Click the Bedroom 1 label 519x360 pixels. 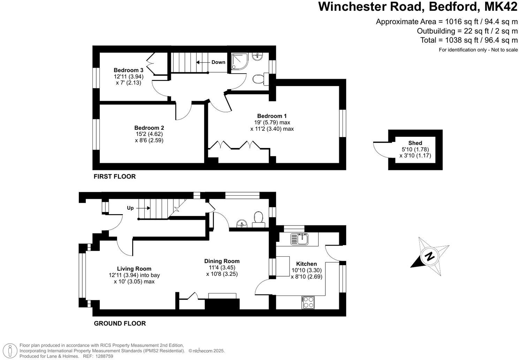click(x=272, y=116)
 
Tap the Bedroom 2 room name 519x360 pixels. click(x=149, y=128)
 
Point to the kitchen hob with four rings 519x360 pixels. click(x=308, y=302)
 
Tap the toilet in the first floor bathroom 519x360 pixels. click(x=259, y=80)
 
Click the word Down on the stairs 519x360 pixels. click(x=218, y=62)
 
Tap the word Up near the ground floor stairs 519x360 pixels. click(x=130, y=208)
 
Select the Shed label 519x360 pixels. click(x=415, y=143)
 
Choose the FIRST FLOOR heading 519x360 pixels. click(x=114, y=177)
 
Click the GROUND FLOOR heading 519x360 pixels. click(x=120, y=323)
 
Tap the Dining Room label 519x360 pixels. click(x=222, y=261)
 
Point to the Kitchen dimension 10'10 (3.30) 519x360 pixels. click(x=306, y=270)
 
